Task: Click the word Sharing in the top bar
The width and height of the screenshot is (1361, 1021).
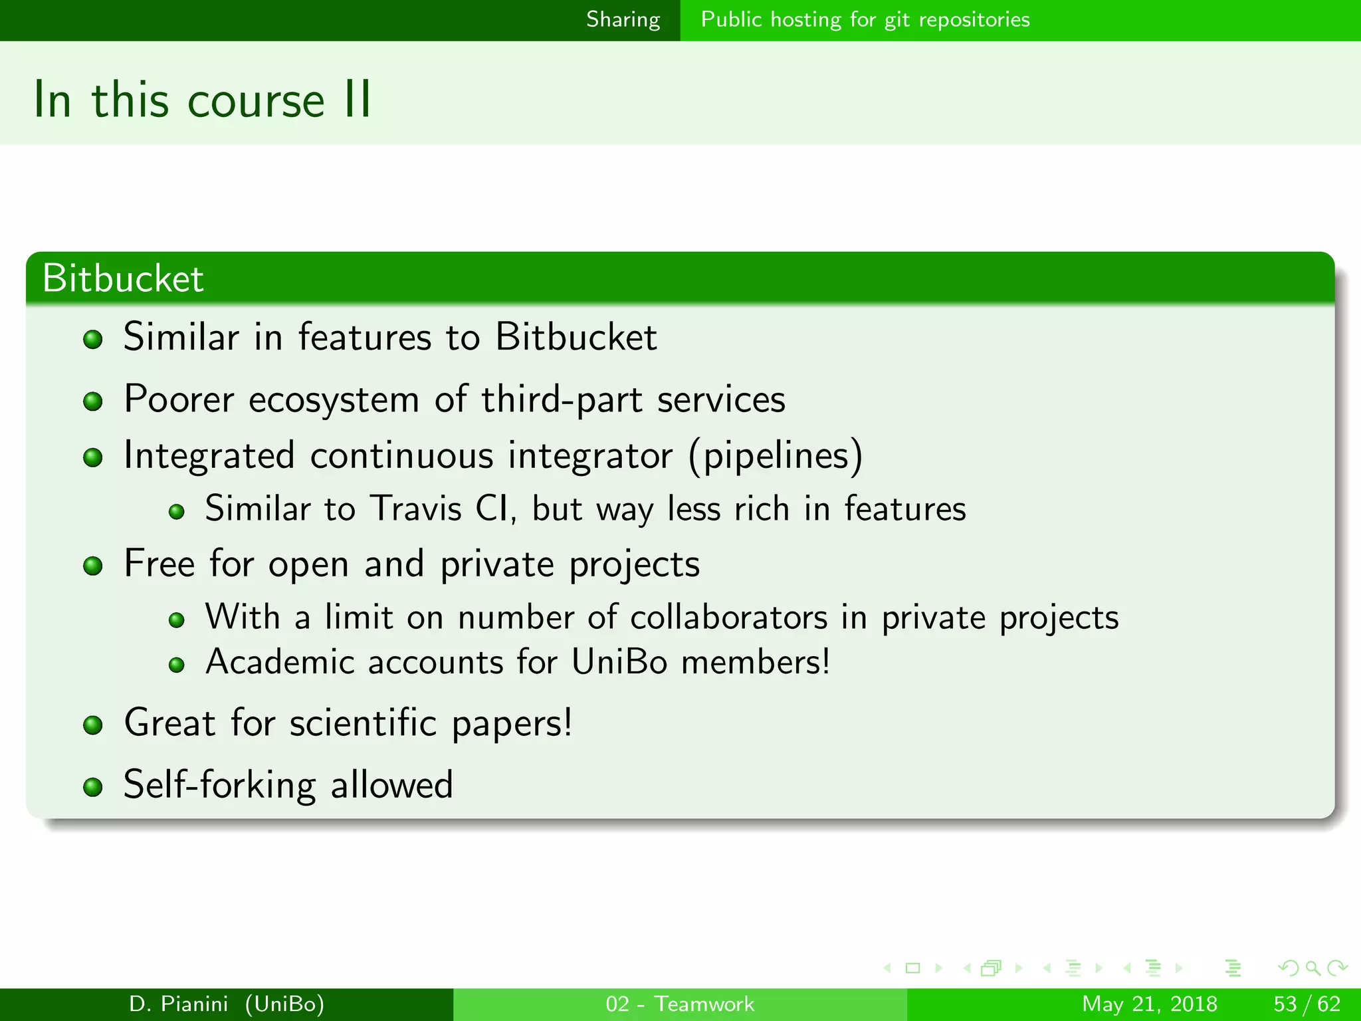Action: point(623,20)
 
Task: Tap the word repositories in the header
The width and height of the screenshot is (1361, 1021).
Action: point(974,20)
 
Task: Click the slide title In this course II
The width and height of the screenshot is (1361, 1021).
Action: point(202,100)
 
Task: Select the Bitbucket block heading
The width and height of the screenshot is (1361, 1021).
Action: point(123,278)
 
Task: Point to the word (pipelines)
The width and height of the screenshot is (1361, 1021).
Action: point(776,456)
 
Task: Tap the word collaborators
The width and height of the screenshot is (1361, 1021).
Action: point(729,618)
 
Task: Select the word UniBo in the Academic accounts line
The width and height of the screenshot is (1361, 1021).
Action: point(619,662)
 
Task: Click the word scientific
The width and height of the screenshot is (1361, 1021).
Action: point(364,723)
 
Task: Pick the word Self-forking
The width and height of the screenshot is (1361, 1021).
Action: point(220,784)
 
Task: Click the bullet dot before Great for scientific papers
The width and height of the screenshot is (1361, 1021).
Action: point(93,725)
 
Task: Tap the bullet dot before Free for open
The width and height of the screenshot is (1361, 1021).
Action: point(93,566)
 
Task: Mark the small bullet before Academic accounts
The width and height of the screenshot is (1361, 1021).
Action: point(176,665)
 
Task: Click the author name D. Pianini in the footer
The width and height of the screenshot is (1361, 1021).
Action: point(179,1004)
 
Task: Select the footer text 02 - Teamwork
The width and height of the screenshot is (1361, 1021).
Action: point(680,1004)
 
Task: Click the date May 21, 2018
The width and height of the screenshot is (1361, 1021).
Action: point(1150,1004)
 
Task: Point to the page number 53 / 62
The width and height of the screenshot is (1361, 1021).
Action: point(1307,1004)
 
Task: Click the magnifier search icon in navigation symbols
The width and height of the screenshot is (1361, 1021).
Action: point(1312,968)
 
